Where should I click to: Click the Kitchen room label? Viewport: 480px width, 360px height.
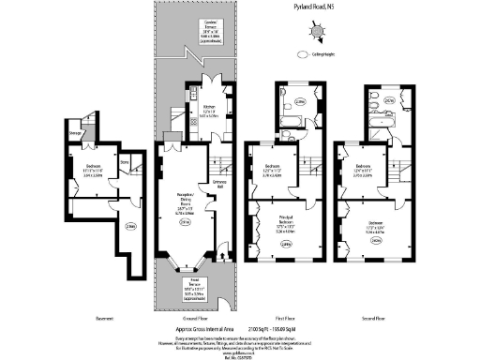pos(207,112)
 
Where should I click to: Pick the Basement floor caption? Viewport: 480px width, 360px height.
pos(104,319)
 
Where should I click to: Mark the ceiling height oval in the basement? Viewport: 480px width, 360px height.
pos(131,225)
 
